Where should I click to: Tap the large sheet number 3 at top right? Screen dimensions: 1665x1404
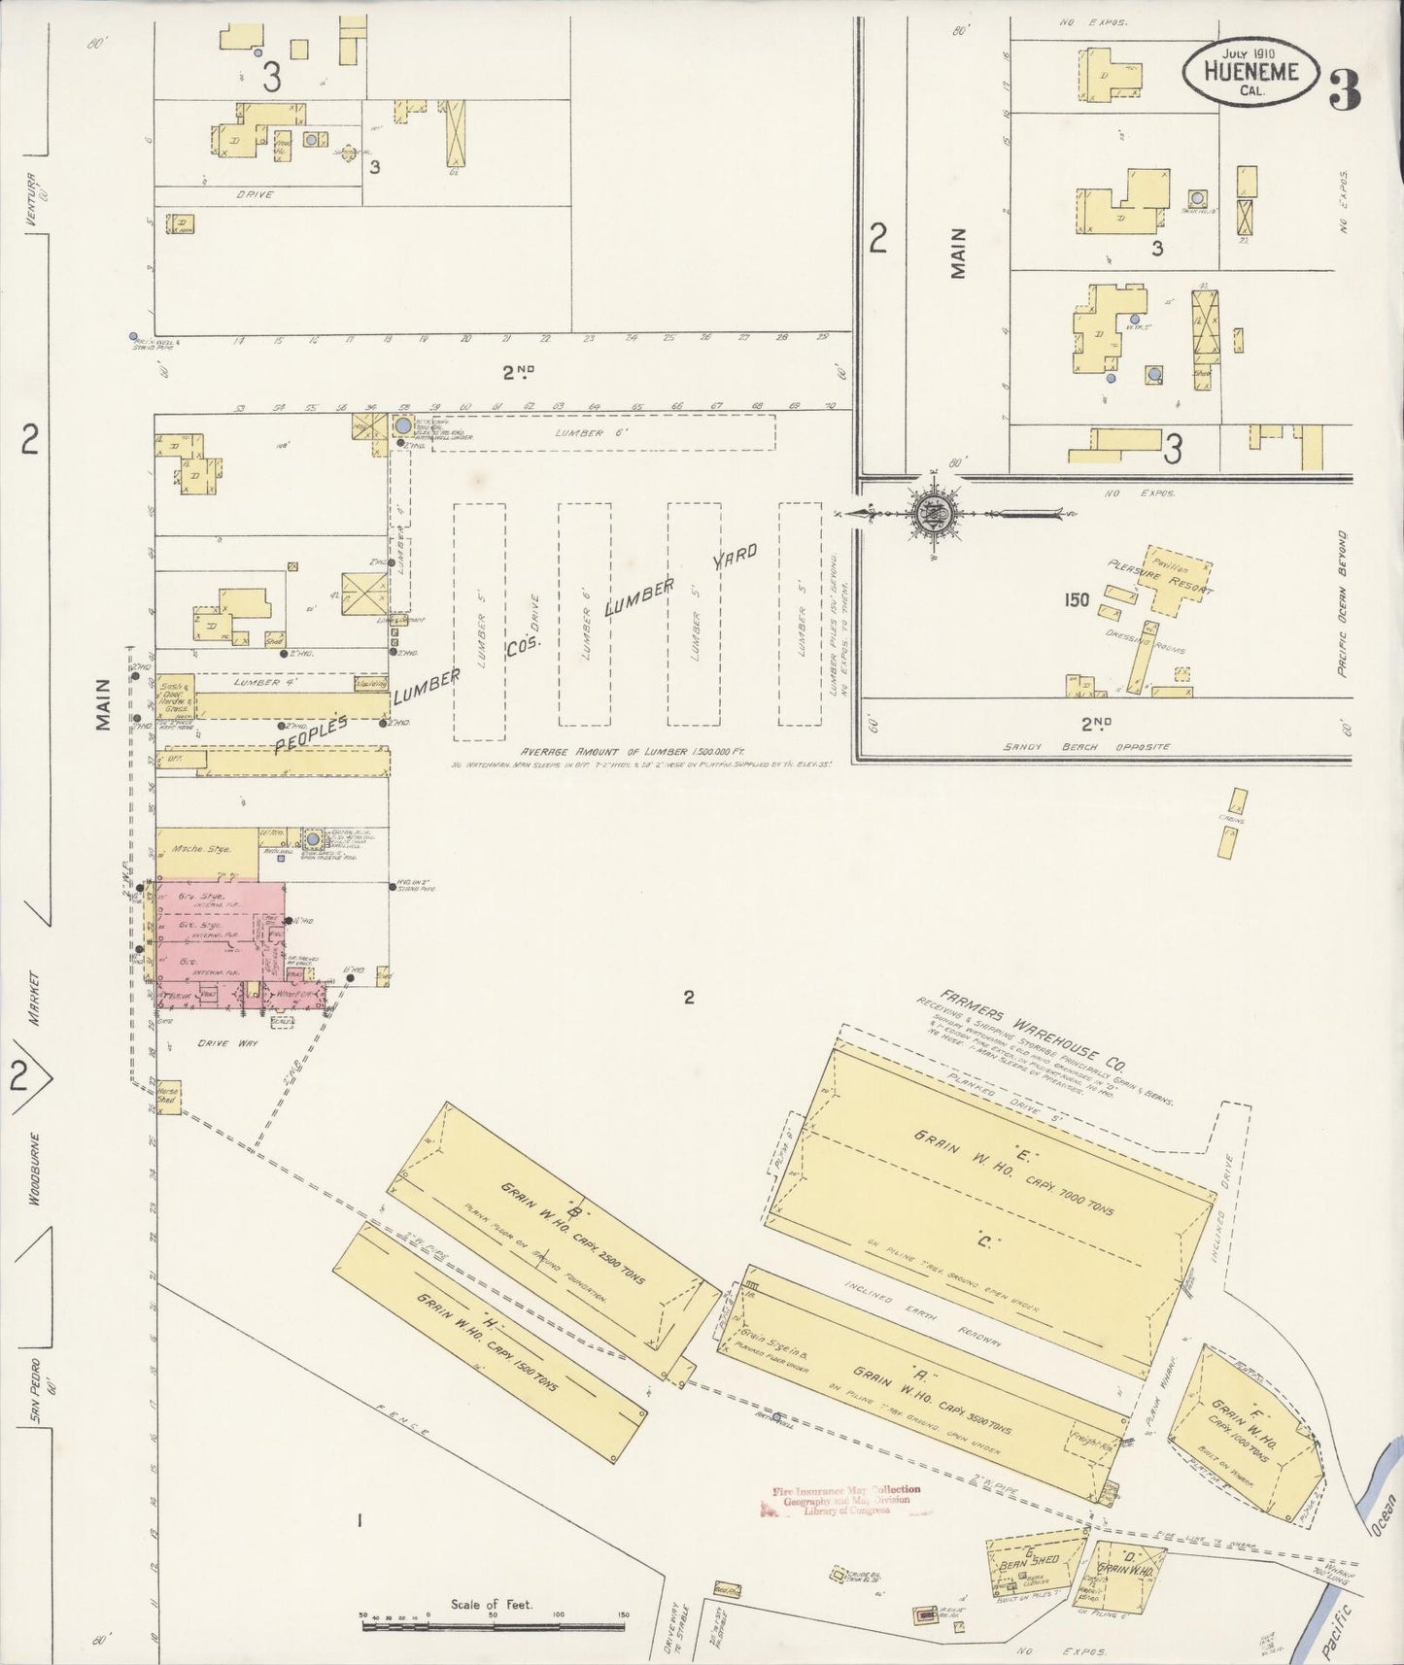point(1345,90)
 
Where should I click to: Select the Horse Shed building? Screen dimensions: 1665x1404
point(168,1098)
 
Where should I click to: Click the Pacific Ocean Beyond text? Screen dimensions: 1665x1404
point(1342,602)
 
